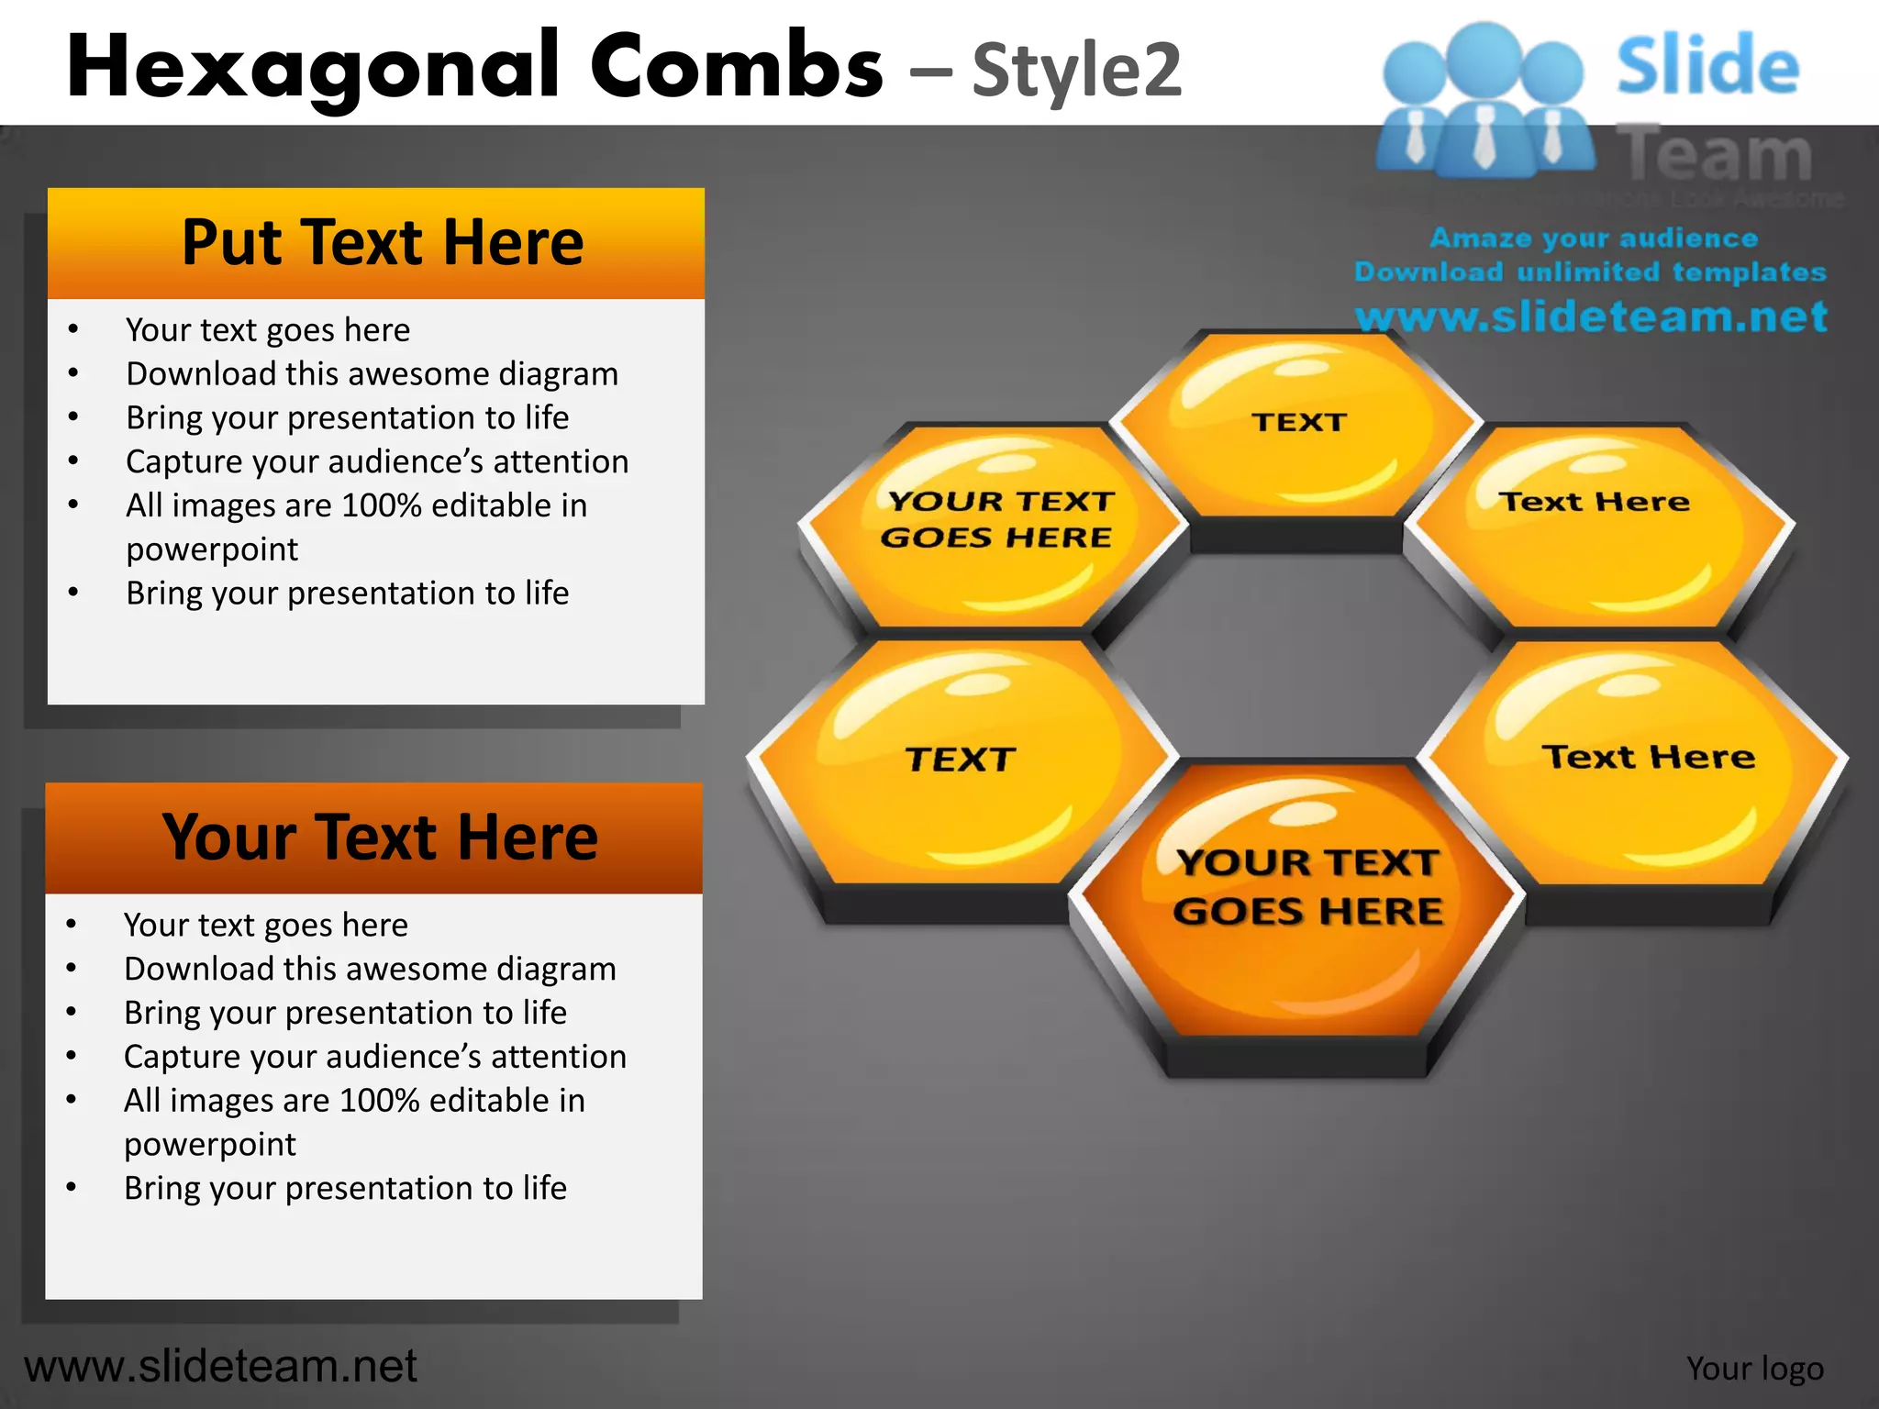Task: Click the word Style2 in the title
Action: click(x=1076, y=71)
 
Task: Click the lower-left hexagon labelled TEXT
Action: click(x=959, y=766)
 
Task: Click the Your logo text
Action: click(x=1754, y=1368)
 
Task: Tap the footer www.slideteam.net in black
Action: click(x=220, y=1366)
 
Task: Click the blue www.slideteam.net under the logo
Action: click(x=1591, y=316)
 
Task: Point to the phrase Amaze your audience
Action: click(x=1593, y=239)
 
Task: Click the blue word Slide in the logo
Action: click(x=1707, y=66)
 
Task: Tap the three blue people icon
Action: click(x=1484, y=101)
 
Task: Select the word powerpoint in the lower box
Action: click(x=209, y=1144)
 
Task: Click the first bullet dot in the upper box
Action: click(x=72, y=329)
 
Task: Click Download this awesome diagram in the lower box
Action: click(x=370, y=969)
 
